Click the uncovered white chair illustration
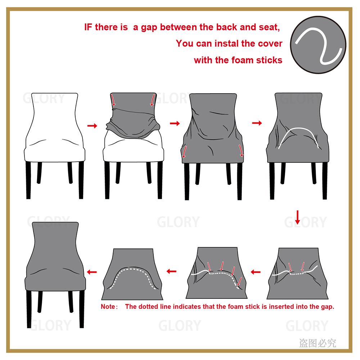(x=54, y=130)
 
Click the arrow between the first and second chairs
(x=93, y=126)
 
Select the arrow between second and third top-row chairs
(x=175, y=123)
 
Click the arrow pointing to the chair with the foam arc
(x=257, y=123)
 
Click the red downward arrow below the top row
(x=298, y=217)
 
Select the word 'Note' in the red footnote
(x=108, y=307)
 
